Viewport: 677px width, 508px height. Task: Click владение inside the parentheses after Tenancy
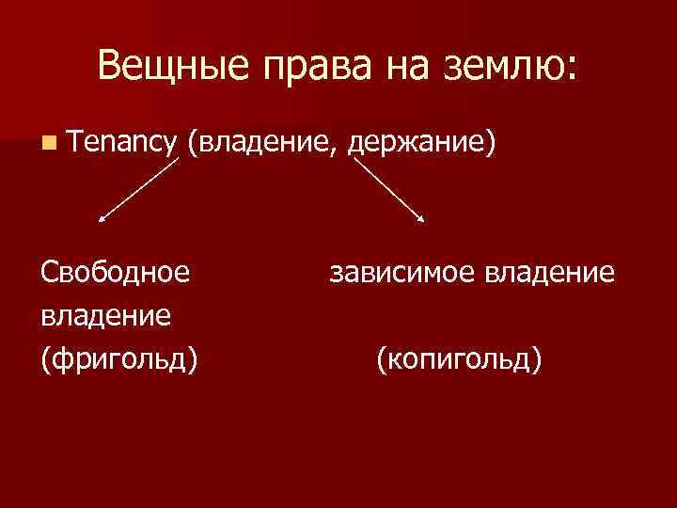(x=265, y=143)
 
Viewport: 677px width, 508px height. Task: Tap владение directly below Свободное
(x=105, y=315)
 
